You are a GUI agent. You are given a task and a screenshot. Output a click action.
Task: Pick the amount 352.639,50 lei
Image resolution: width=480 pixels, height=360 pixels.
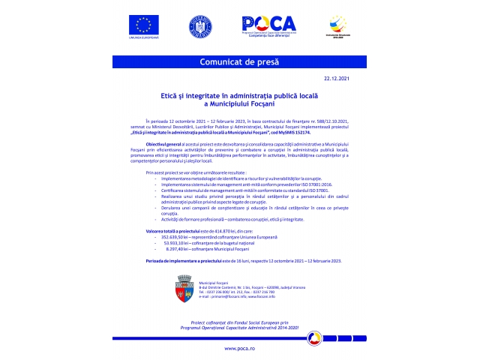pos(177,237)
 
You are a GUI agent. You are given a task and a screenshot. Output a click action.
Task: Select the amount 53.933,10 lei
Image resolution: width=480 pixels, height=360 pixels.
pos(177,243)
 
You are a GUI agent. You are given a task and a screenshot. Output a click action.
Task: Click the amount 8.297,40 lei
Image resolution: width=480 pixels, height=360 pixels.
pos(177,249)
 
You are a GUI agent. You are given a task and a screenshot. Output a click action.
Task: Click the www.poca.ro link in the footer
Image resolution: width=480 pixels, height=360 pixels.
pos(239,349)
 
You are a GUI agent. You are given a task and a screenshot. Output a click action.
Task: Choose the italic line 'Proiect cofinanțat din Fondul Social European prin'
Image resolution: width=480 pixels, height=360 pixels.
pos(239,322)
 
